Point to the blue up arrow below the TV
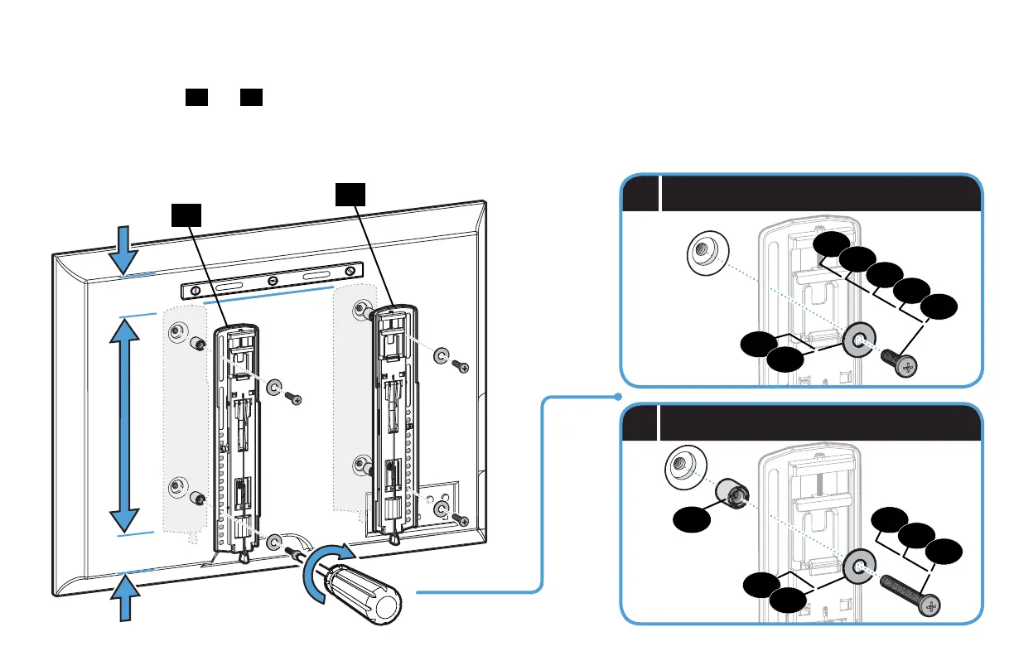(125, 597)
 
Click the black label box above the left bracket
(187, 215)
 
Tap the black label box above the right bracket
(351, 195)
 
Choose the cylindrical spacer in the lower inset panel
(733, 493)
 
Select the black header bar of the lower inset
(816, 424)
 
